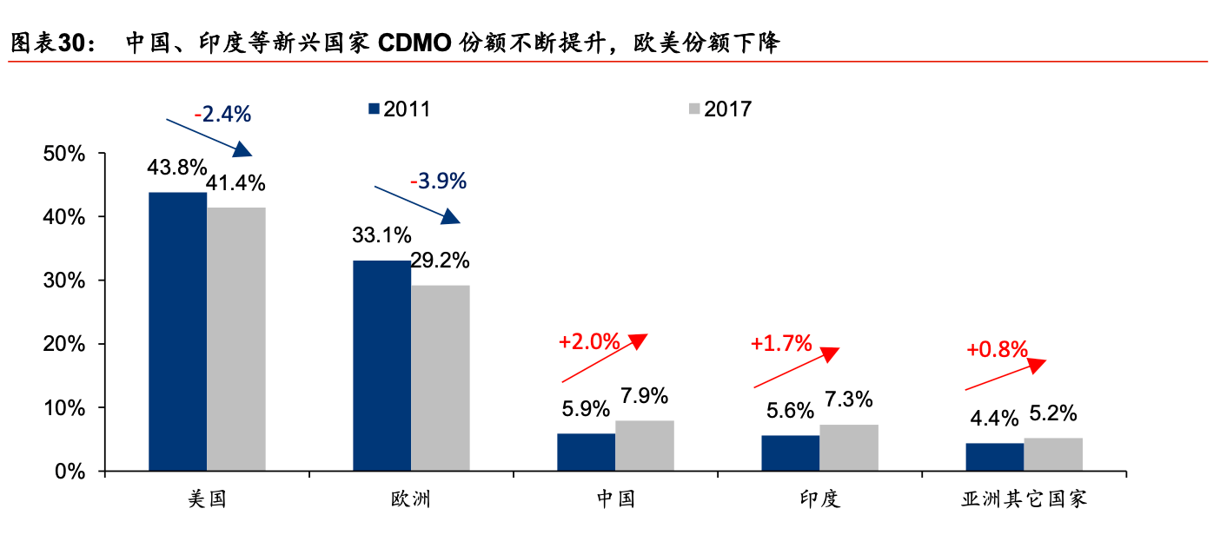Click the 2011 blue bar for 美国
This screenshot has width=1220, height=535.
point(177,332)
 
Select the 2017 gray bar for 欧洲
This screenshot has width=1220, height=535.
point(440,378)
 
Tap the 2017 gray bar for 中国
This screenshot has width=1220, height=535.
point(644,446)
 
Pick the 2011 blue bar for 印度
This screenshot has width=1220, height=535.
point(790,452)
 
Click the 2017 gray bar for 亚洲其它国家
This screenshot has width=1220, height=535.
point(1053,454)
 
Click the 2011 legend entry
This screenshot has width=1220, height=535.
point(399,109)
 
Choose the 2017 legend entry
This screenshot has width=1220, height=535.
point(720,109)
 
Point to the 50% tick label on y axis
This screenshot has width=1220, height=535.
point(64,154)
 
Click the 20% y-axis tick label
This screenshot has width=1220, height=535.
point(64,344)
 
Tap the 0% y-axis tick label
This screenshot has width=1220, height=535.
point(70,472)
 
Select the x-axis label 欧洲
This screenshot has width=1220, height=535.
point(411,499)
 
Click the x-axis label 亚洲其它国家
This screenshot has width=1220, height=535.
point(1024,499)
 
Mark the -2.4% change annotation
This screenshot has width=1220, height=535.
point(222,114)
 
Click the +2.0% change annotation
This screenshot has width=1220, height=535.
point(589,342)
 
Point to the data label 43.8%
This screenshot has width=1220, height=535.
point(177,167)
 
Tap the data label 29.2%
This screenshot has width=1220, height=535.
point(440,261)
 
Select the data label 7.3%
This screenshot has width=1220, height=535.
point(849,400)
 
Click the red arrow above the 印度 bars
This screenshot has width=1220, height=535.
point(796,368)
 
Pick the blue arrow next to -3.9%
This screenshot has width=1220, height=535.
point(417,205)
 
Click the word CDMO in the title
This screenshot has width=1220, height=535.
point(414,43)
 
